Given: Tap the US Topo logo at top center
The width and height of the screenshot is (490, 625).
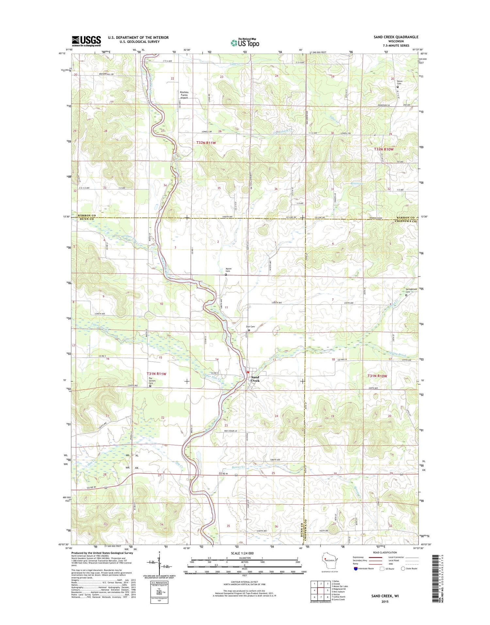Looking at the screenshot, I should point(245,43).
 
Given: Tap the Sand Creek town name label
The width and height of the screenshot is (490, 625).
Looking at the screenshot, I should point(255,379).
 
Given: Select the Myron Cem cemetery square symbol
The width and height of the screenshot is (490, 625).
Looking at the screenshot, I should point(226,275).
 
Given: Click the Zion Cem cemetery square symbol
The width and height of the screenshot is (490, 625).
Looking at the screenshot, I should point(249,330).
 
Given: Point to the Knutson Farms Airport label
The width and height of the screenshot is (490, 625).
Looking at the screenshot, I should point(184,95).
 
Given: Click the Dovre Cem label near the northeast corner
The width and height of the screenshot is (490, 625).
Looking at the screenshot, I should point(399,82).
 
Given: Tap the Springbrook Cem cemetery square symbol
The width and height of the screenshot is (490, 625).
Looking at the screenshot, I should point(406,295).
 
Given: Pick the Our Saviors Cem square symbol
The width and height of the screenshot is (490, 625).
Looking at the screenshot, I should point(150,386).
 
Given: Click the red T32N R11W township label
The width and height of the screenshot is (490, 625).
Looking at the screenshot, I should point(206,143).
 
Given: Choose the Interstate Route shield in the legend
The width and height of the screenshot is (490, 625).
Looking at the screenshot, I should point(355,568).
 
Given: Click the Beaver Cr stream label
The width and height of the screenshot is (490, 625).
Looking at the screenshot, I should point(238,467).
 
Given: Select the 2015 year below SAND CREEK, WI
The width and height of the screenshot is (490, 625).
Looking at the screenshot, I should point(384,601).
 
